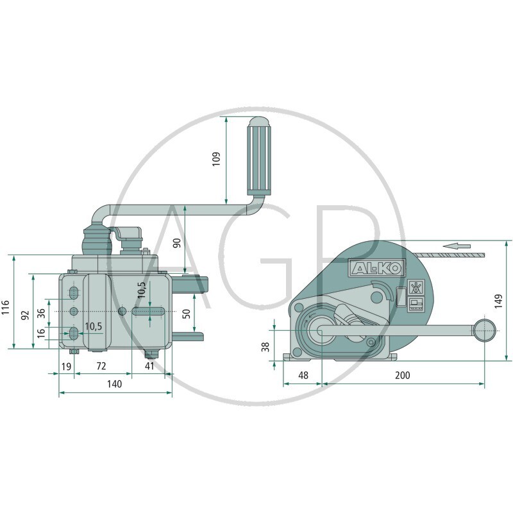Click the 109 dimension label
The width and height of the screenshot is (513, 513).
216,159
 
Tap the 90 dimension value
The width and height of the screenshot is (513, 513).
177,243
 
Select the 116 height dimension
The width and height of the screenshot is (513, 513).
6,307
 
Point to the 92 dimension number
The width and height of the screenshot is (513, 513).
25,315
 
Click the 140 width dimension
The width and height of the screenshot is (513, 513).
115,383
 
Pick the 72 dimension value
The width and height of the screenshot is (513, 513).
101,366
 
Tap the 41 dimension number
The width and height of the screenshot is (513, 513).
149,366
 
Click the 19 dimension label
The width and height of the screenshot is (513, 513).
67,366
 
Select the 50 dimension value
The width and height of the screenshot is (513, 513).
186,314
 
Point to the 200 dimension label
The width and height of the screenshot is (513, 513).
403,375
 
